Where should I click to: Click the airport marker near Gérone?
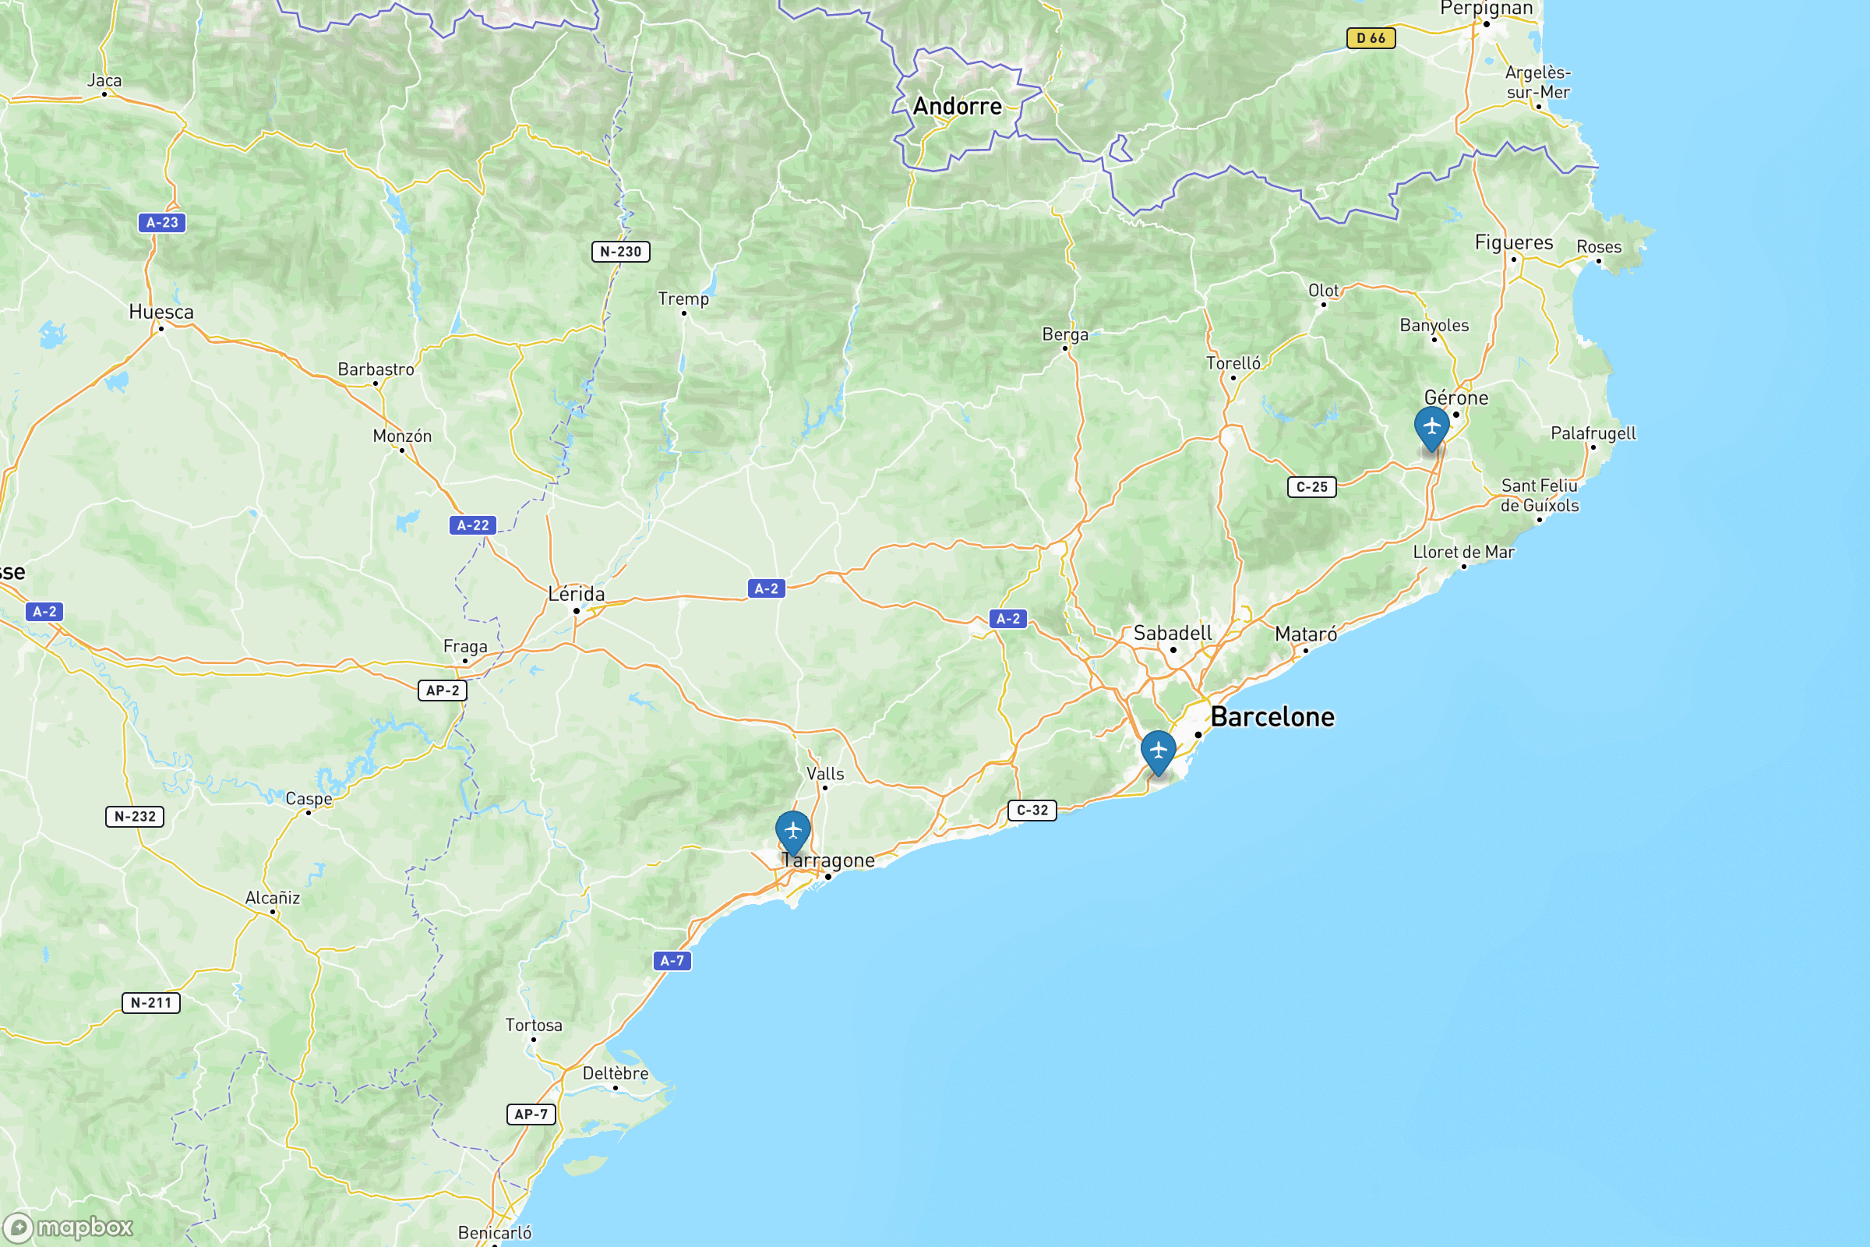[x=1431, y=427]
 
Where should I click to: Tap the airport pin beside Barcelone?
[x=1158, y=751]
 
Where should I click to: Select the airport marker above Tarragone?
[x=792, y=831]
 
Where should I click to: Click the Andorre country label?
[x=958, y=107]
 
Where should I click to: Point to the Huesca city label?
[x=161, y=312]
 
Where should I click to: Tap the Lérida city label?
[x=577, y=594]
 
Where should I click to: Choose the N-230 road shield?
[x=620, y=252]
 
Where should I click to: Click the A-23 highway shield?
[x=162, y=223]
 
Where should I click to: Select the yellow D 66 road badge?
[x=1371, y=38]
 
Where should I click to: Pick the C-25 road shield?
[x=1311, y=486]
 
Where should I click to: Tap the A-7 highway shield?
[x=672, y=961]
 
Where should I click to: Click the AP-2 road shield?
[x=442, y=691]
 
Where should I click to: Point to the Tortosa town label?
[x=534, y=1025]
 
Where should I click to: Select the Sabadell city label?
[x=1173, y=633]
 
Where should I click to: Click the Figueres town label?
[x=1513, y=242]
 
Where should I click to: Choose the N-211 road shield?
[x=151, y=1003]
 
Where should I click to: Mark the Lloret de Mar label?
[x=1463, y=552]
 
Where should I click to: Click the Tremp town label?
[x=683, y=299]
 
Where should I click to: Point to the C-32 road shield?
[x=1032, y=811]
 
